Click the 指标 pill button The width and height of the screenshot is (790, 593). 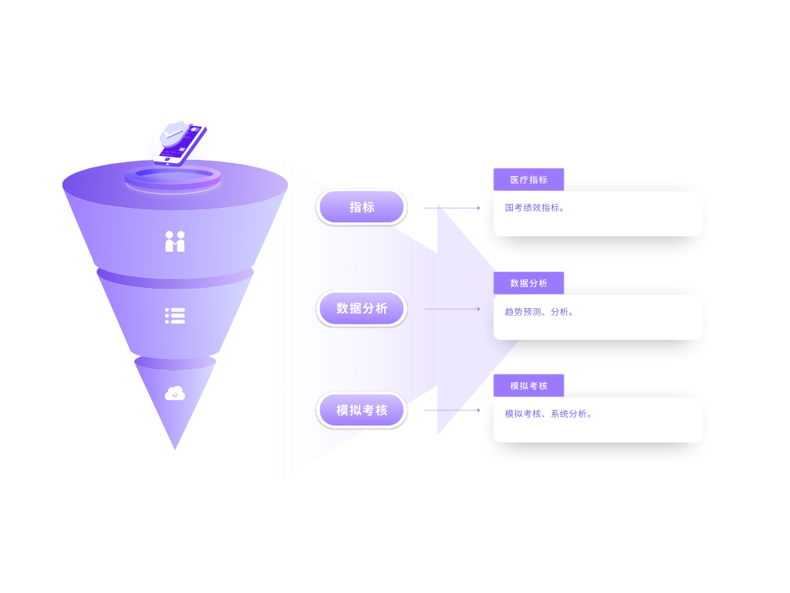tap(361, 207)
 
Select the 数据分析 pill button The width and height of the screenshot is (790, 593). tap(361, 309)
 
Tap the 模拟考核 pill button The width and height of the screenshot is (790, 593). tap(361, 410)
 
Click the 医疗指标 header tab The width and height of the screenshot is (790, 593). tap(528, 179)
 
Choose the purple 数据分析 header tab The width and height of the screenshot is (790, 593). tap(528, 283)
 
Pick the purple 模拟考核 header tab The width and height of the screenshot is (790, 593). tap(528, 385)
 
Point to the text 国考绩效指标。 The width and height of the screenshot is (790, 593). tap(535, 208)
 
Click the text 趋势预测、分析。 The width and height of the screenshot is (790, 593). tap(539, 312)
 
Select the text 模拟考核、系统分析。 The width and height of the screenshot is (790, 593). tap(549, 414)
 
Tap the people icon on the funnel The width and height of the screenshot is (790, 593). tap(175, 242)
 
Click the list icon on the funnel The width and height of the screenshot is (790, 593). tap(175, 316)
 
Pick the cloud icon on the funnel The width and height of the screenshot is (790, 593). tap(175, 394)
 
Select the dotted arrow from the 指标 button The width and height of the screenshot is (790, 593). tap(452, 208)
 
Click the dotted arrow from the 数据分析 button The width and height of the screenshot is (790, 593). tap(452, 309)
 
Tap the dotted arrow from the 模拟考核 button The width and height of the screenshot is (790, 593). tap(452, 410)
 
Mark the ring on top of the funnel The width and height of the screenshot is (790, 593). tap(173, 178)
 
